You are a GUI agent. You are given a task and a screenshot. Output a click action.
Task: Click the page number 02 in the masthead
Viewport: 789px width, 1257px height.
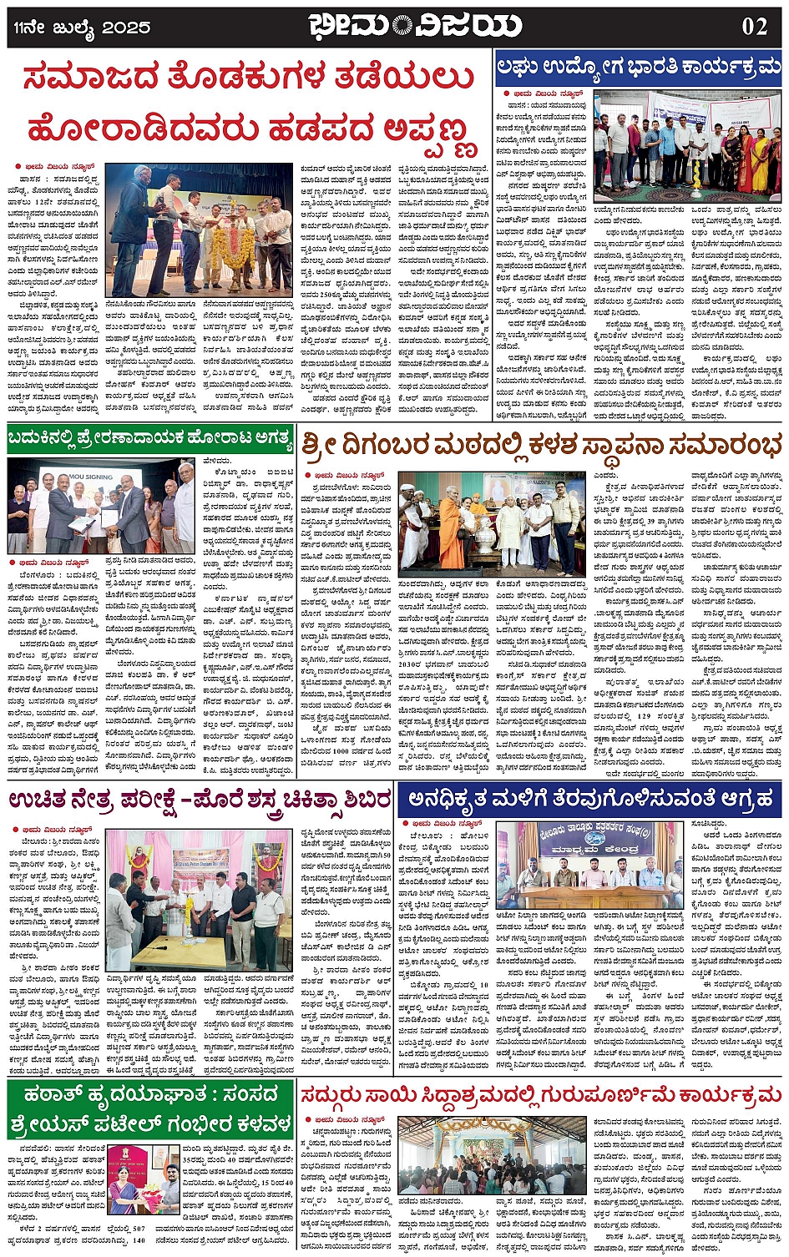754,26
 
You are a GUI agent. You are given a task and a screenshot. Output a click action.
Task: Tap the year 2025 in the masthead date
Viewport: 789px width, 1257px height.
126,28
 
